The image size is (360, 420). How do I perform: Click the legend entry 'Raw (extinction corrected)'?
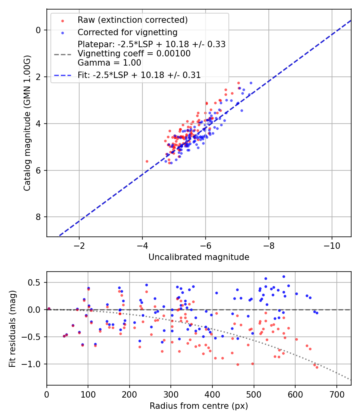click(x=132, y=20)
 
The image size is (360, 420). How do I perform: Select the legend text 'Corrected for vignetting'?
click(x=127, y=32)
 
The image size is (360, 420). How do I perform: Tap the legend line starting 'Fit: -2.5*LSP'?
click(x=139, y=74)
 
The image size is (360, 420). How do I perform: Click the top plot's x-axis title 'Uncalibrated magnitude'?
click(x=199, y=257)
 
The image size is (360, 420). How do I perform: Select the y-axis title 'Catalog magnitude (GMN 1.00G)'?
click(x=27, y=122)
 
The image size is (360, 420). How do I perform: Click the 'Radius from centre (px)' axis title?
click(x=199, y=406)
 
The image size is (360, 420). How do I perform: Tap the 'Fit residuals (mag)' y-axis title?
click(x=12, y=329)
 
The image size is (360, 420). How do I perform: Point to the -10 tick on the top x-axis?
click(x=332, y=245)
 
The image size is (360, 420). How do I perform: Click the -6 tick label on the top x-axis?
click(x=205, y=245)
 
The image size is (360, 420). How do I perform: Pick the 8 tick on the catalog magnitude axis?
click(x=38, y=217)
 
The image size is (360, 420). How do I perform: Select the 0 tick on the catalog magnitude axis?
click(x=38, y=30)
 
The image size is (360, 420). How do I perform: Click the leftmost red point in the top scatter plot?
click(x=147, y=161)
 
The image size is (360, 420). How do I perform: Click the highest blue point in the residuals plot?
click(x=284, y=276)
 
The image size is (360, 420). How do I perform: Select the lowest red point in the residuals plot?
click(x=317, y=367)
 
